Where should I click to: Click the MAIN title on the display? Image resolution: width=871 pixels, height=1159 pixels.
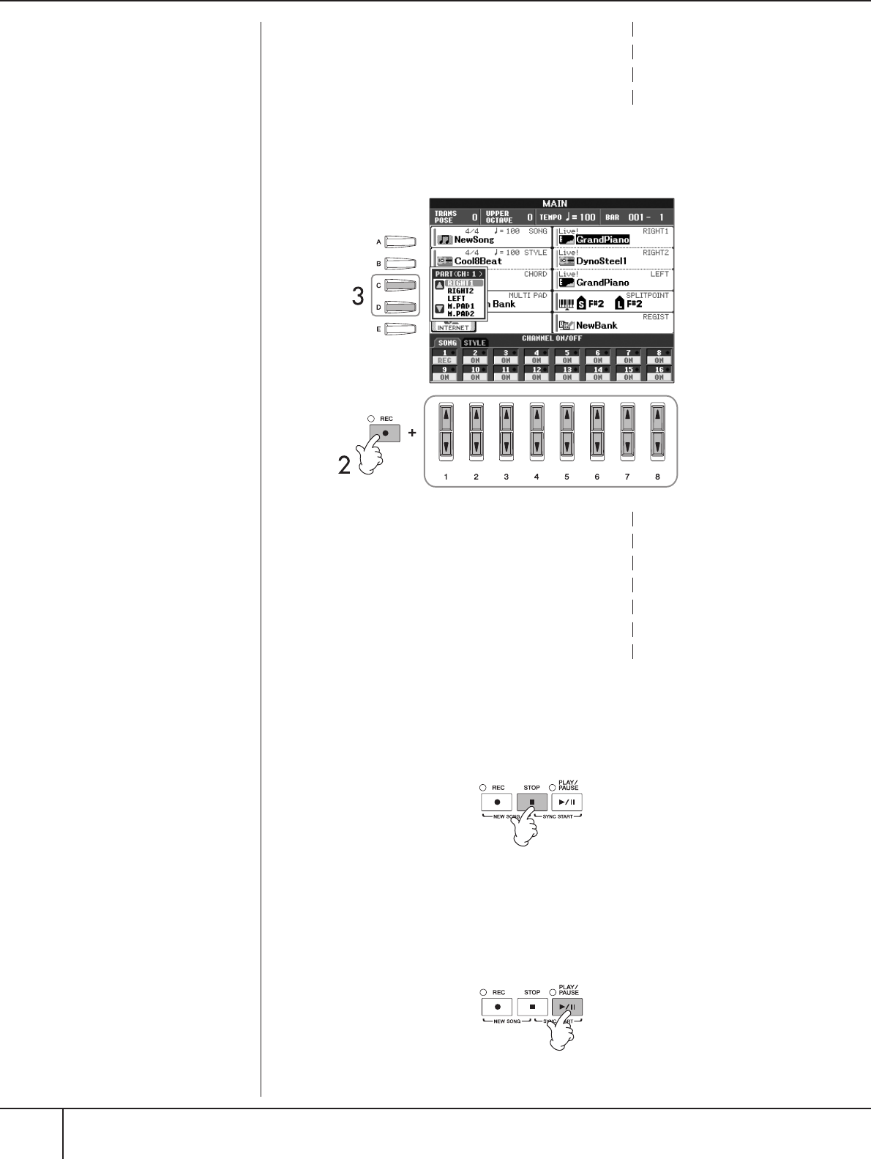point(554,204)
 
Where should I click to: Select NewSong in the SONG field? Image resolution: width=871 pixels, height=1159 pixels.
point(474,239)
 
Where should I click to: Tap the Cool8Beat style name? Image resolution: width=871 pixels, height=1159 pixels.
point(478,261)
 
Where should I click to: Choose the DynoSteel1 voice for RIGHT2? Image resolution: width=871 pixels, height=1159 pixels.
point(601,261)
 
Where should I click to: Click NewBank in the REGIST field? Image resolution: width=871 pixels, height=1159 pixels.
point(596,325)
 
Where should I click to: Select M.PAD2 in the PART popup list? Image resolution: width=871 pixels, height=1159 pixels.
point(461,314)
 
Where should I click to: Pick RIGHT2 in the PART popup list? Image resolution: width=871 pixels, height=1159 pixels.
point(460,291)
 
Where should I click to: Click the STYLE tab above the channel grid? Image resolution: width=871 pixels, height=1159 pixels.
point(474,343)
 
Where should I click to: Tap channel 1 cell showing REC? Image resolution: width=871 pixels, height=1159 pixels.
point(445,357)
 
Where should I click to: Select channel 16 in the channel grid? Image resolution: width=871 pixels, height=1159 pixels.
point(659,373)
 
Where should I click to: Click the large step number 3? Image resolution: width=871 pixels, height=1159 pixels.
point(358,297)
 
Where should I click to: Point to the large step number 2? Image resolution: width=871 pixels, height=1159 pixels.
point(344,465)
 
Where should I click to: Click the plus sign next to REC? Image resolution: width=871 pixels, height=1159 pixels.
point(412,433)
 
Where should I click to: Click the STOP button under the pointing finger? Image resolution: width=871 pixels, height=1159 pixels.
point(532,802)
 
